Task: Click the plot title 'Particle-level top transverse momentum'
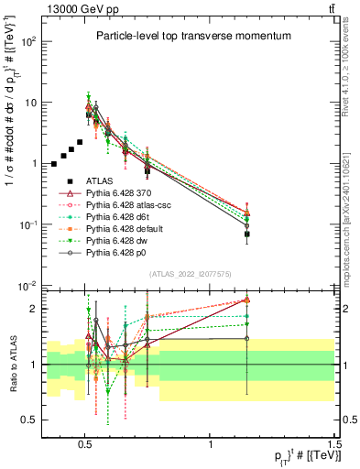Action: click(187, 36)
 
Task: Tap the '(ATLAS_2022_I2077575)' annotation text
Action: click(189, 274)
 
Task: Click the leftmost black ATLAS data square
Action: click(54, 164)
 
